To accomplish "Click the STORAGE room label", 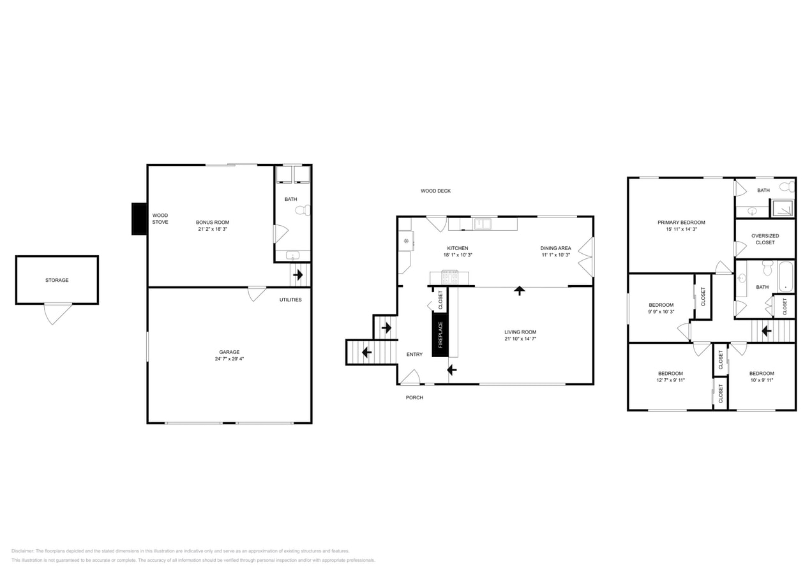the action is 57,280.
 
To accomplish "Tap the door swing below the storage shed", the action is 57,314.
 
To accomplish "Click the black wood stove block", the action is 139,219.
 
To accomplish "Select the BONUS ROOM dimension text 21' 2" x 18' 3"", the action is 213,229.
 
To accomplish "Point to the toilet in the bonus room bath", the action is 303,210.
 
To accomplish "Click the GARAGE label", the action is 229,352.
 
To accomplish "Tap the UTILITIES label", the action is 290,300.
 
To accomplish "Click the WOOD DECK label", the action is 435,191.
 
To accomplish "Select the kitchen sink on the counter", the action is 483,224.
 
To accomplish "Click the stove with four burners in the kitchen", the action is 450,277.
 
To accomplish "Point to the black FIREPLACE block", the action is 440,335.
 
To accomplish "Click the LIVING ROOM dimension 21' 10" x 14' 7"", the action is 520,339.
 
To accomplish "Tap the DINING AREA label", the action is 555,248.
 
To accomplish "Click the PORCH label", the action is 414,397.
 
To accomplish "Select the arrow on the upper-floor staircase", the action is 766,331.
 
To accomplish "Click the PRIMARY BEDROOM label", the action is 681,223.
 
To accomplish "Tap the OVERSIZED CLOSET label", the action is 765,239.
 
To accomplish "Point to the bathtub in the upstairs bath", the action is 786,277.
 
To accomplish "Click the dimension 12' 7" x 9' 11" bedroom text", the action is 670,380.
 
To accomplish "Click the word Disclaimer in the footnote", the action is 23,551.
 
